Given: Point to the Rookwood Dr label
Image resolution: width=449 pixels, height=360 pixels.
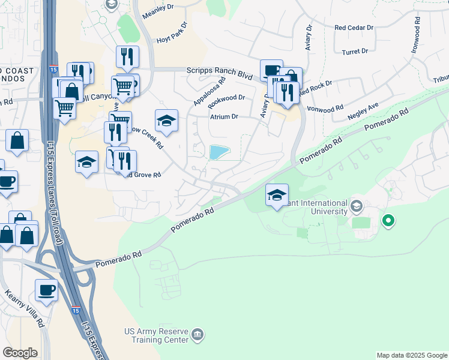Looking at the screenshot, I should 226,98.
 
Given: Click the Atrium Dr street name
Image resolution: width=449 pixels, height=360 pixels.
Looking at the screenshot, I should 223,117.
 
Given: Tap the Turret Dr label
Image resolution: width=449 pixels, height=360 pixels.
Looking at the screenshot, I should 355,52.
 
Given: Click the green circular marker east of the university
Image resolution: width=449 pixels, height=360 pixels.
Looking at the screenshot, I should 388,221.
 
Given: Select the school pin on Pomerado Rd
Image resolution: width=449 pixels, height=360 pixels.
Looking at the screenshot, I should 277,196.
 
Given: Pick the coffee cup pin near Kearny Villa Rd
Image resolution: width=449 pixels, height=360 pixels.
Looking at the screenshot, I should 46,292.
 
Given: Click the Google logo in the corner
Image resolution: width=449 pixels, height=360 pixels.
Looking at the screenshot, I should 20,353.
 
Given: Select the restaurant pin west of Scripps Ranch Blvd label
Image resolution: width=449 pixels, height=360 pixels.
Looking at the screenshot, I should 127,58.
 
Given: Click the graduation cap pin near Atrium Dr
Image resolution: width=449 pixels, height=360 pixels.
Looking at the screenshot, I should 166,122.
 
